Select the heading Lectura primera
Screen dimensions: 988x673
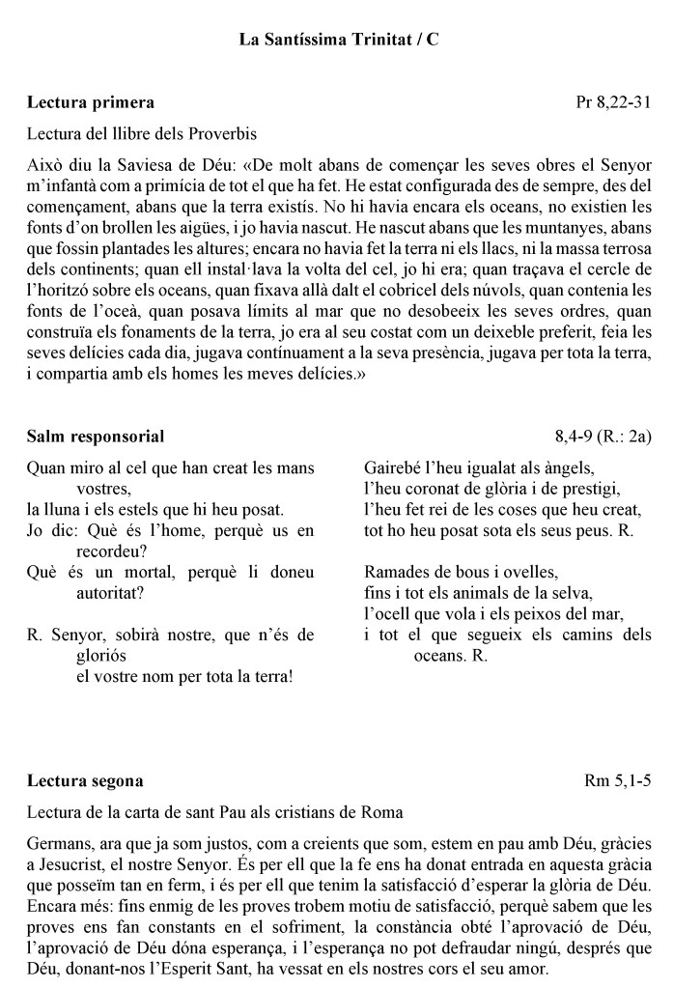click(91, 101)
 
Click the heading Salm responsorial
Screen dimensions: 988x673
click(96, 437)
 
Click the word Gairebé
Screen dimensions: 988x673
click(395, 467)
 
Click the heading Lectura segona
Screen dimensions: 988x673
click(86, 780)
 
